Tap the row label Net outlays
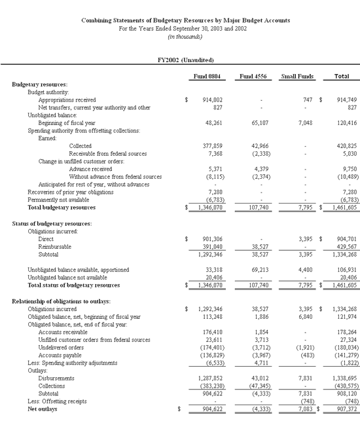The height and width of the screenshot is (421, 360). tap(28, 411)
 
